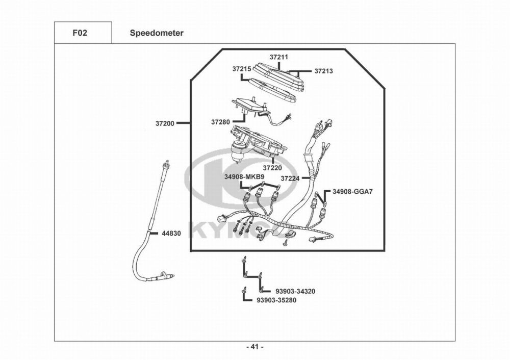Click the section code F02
[x=80, y=33]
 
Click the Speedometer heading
[x=157, y=33]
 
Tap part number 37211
[x=279, y=57]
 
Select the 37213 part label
[x=323, y=71]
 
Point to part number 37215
[x=241, y=68]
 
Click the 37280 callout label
[x=221, y=122]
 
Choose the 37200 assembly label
[x=165, y=123]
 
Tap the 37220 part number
[x=272, y=167]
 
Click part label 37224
[x=290, y=178]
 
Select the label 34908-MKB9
[x=244, y=176]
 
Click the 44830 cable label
[x=171, y=233]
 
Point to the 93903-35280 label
[x=276, y=300]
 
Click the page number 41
[x=255, y=347]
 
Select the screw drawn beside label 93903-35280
[x=245, y=291]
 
